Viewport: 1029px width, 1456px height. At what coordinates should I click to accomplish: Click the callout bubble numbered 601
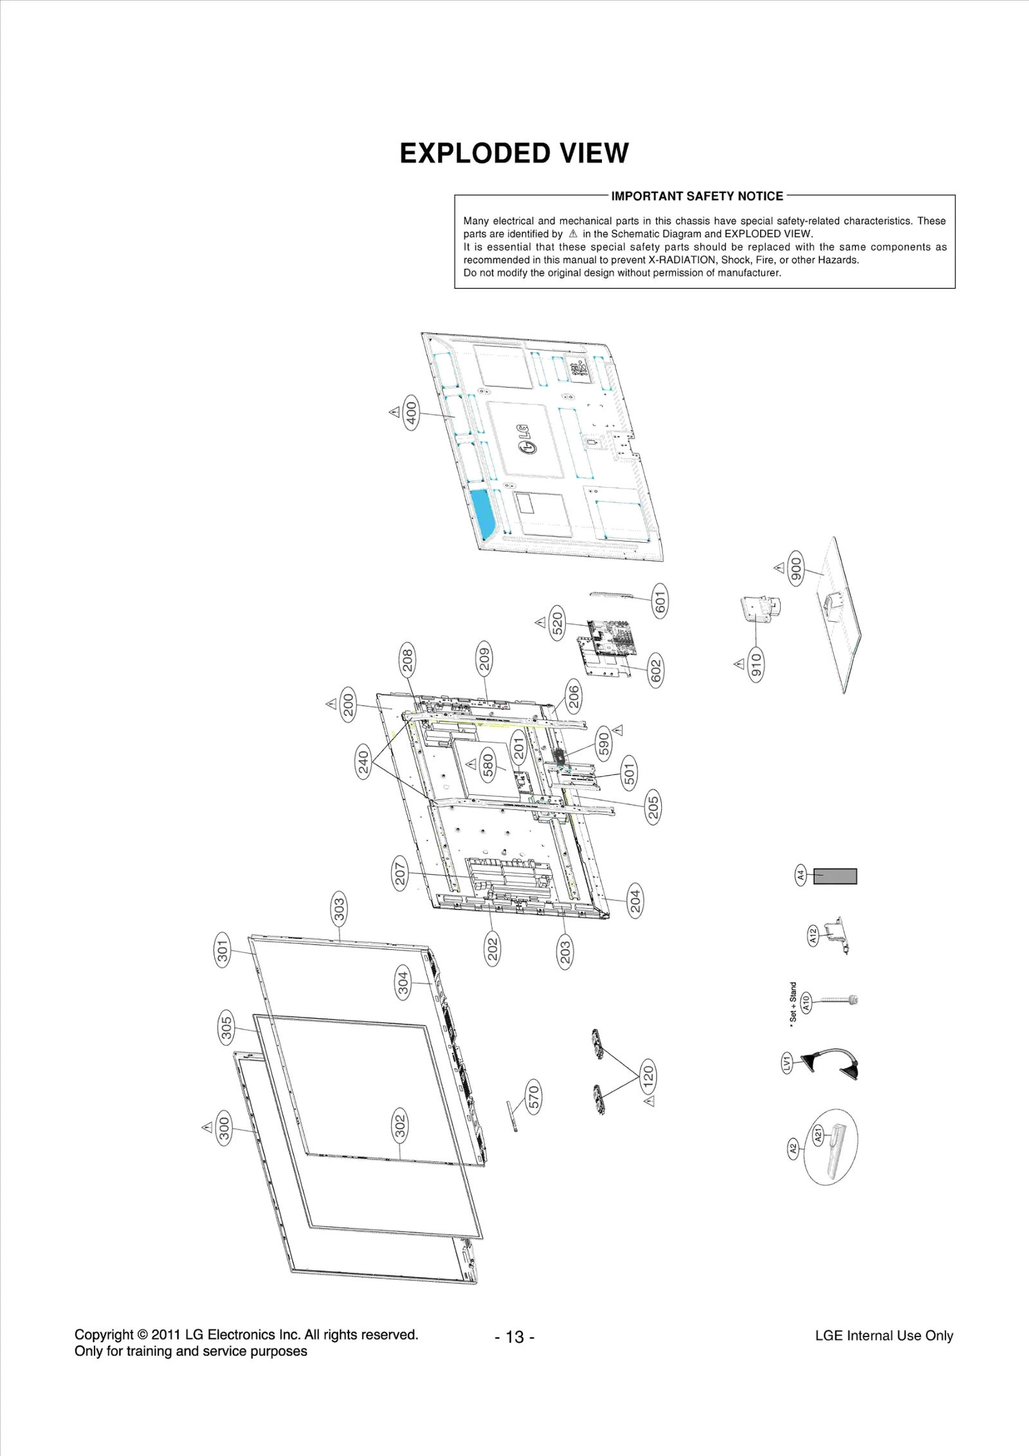(660, 601)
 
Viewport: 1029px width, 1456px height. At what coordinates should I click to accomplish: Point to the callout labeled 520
(558, 622)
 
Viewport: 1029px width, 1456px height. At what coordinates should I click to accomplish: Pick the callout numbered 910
(756, 664)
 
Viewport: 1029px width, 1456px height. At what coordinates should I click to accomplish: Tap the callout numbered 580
(487, 765)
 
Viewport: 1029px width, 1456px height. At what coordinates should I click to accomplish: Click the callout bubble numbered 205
(653, 807)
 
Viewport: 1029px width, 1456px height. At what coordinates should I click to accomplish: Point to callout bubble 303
(339, 907)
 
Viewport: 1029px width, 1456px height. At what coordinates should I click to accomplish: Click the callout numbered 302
(400, 1125)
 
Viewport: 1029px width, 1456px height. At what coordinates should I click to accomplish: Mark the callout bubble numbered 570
(533, 1097)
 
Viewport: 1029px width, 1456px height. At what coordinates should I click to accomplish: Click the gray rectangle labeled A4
(835, 876)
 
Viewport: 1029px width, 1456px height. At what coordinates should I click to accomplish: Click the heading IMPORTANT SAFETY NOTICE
(697, 196)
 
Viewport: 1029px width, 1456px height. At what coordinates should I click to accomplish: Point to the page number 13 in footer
(514, 1337)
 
